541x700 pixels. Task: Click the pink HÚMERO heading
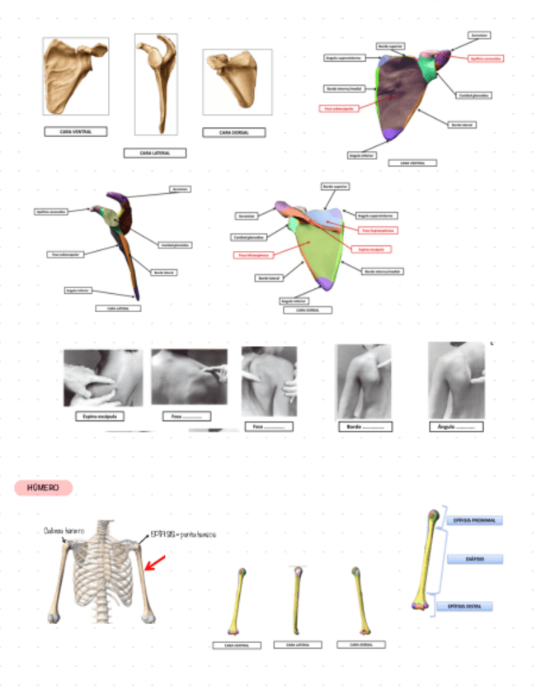coord(44,489)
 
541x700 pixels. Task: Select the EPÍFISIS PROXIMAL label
coord(474,521)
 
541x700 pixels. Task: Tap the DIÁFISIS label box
coord(474,559)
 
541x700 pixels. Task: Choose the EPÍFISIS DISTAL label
coord(468,607)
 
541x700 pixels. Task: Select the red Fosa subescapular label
coord(339,108)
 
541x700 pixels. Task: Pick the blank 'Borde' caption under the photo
coord(365,426)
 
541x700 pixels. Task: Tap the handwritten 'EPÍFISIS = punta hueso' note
coord(183,534)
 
